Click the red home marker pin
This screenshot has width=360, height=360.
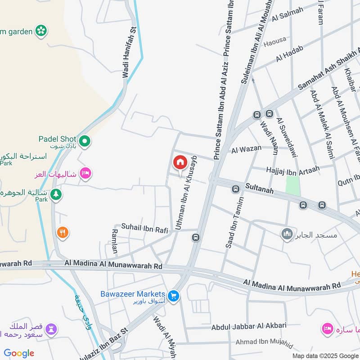(180, 162)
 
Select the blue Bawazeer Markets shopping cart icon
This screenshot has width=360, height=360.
(173, 296)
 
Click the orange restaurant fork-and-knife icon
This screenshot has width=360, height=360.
(63, 232)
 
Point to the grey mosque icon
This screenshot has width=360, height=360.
(287, 234)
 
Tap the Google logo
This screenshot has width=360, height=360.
(19, 353)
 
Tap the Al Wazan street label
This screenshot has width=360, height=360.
(243, 150)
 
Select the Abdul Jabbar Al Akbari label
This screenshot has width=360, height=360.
(249, 326)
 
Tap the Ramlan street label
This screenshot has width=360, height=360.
(114, 241)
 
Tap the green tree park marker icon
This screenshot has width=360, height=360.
(56, 194)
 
